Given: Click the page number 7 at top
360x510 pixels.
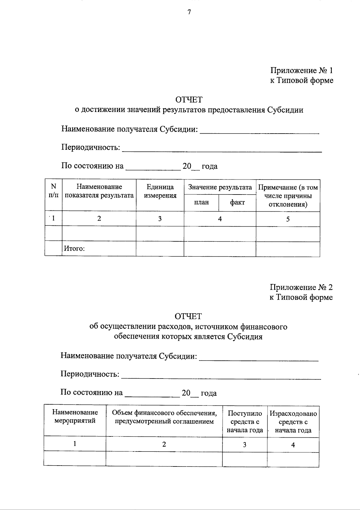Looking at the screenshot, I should (x=189, y=12).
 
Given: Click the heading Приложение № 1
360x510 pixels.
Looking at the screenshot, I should (x=301, y=71).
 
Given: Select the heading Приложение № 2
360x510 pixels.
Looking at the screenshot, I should (x=301, y=287).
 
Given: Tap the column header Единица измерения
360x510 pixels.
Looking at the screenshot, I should (x=160, y=191).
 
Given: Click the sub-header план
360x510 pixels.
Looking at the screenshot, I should (x=201, y=202).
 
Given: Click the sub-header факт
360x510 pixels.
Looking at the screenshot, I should (x=237, y=202).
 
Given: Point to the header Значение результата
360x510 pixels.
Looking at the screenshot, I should (x=220, y=187).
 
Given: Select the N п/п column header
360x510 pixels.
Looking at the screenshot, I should (x=53, y=191).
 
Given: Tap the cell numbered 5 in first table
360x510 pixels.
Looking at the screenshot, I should (x=288, y=219).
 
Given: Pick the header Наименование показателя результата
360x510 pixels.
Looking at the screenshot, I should (x=99, y=191).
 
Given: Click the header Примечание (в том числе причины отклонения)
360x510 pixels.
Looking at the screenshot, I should (x=288, y=196).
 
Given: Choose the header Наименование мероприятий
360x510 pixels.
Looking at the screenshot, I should (x=75, y=416).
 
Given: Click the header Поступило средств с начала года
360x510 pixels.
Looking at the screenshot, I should (x=244, y=421).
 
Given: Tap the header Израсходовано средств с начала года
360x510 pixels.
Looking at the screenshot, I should (x=293, y=421).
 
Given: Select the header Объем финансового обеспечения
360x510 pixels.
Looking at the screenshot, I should (x=164, y=417).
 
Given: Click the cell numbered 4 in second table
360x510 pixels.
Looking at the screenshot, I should (x=293, y=445).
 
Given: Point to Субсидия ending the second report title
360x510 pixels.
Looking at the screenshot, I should (x=244, y=336).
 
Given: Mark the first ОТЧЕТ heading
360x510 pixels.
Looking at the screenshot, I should (x=189, y=99).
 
